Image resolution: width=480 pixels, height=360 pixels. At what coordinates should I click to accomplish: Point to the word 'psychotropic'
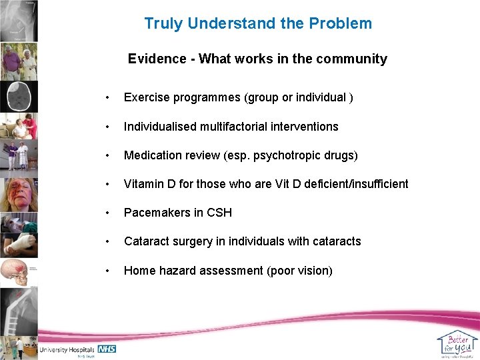[286, 155]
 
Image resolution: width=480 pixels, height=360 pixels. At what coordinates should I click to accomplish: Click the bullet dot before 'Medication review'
[107, 155]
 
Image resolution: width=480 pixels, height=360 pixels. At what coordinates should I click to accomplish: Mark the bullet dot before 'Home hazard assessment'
[107, 270]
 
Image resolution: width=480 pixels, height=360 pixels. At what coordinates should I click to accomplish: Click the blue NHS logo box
[107, 349]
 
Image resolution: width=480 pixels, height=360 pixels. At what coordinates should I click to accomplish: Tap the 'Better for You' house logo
[457, 344]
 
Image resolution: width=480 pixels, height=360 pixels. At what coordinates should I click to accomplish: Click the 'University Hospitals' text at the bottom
[67, 349]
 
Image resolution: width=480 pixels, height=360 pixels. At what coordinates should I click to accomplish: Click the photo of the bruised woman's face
[19, 194]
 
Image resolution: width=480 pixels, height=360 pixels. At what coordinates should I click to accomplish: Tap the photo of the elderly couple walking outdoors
[19, 61]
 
